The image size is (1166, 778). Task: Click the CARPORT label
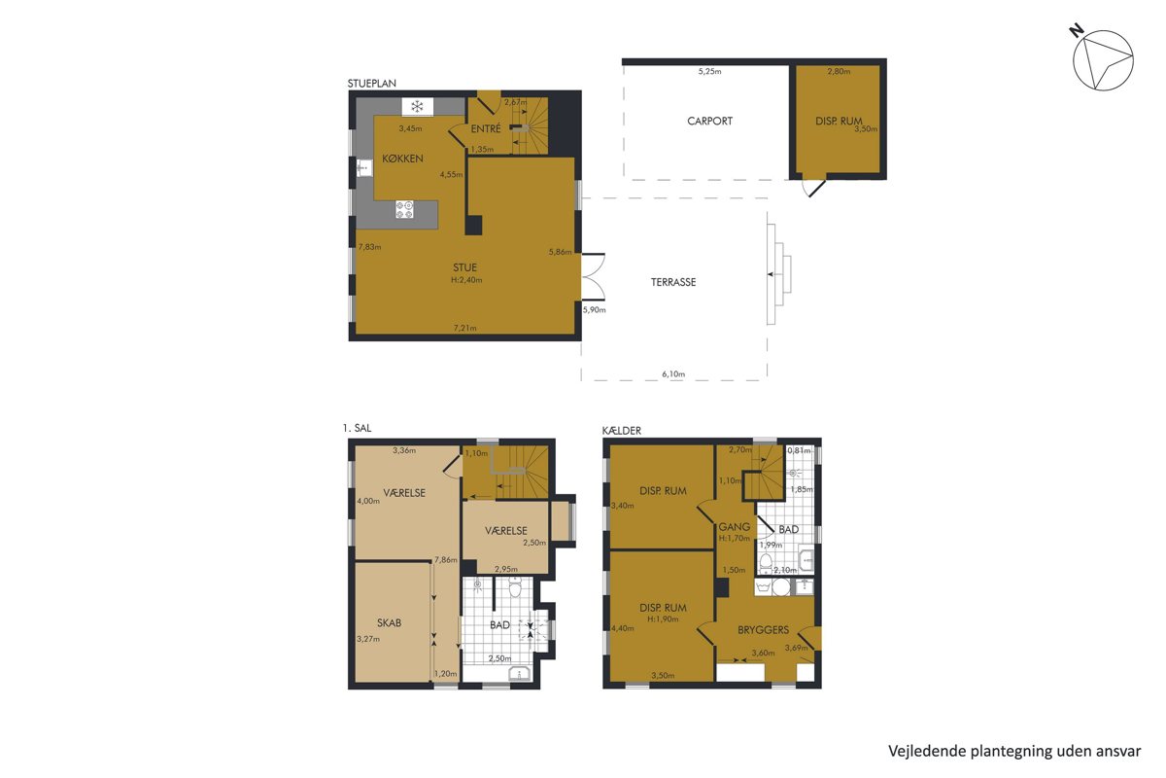point(709,121)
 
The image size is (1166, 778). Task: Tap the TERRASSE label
point(673,282)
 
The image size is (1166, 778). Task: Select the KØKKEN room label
point(402,159)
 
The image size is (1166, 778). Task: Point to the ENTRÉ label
point(486,128)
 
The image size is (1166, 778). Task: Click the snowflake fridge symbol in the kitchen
point(417,107)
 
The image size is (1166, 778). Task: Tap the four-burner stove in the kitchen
point(404,209)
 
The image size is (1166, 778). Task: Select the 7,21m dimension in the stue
point(464,328)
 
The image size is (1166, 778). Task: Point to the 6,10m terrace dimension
point(673,373)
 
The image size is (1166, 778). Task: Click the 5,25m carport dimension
point(709,71)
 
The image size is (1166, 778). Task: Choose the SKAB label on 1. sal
point(389,622)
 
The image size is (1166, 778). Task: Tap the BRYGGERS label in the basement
point(763,629)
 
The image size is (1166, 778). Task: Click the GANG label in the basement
point(734,527)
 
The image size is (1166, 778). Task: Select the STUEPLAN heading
point(371,84)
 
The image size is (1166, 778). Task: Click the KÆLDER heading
point(622,431)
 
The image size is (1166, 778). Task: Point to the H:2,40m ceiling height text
point(466,280)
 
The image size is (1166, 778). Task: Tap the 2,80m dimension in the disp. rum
point(839,71)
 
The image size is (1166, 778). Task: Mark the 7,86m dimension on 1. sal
point(446,559)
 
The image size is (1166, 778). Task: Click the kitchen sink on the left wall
point(365,168)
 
